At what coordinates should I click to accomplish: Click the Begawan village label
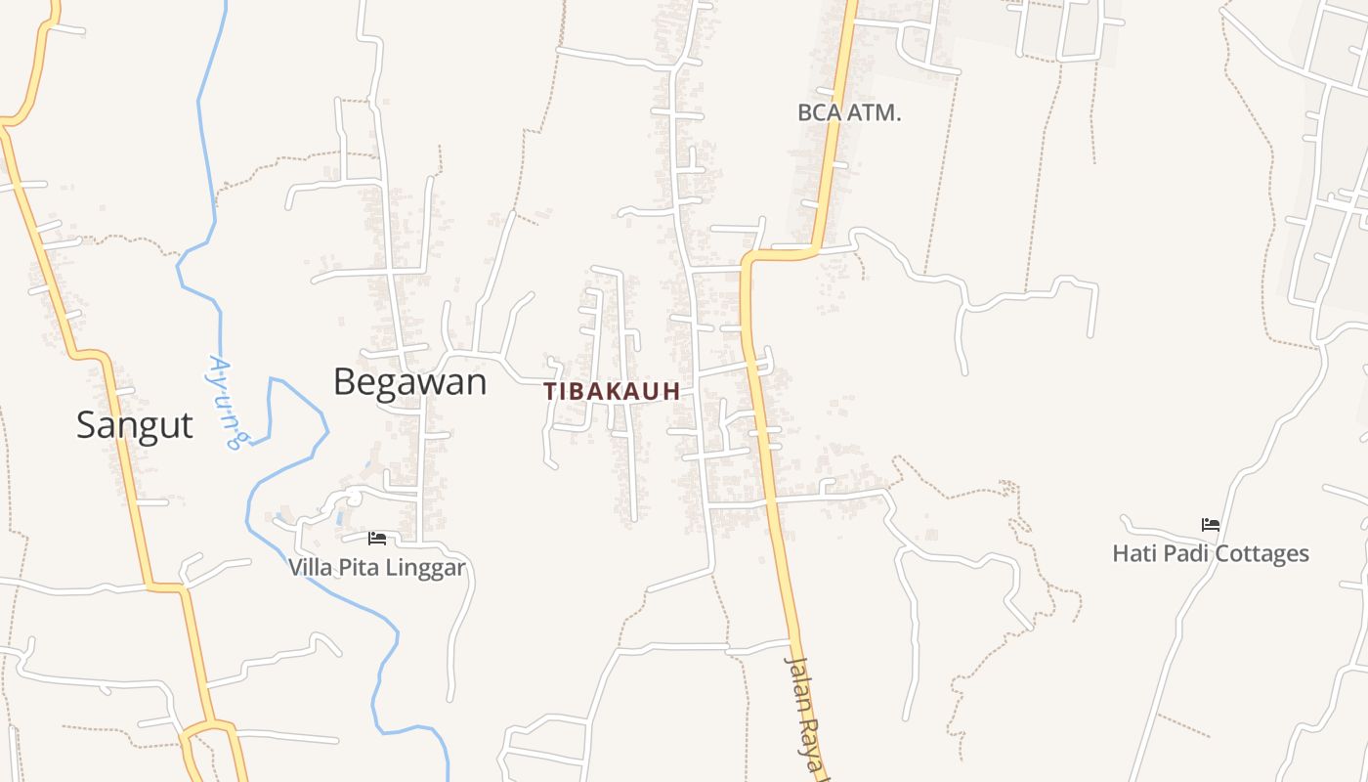[x=409, y=381]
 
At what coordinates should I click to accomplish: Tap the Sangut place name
[x=135, y=425]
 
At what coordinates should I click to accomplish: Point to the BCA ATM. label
[x=849, y=112]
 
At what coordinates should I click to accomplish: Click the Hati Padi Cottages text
[x=1211, y=553]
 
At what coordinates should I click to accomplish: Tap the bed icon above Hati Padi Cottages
[x=1211, y=525]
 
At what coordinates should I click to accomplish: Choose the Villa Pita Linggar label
[x=376, y=567]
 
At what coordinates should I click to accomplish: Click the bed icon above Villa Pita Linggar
[x=377, y=539]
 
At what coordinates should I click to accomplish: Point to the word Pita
[x=358, y=567]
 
